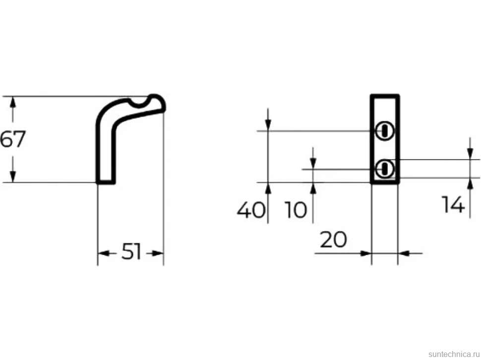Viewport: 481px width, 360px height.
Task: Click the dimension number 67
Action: [12, 139]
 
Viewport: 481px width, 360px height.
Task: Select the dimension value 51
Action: [131, 252]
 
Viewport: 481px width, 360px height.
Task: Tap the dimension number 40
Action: [250, 210]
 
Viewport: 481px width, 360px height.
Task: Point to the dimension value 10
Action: [296, 210]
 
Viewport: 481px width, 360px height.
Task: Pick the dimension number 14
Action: [453, 204]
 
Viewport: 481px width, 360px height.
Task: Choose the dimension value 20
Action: [333, 240]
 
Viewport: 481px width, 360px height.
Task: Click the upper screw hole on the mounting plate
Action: [384, 131]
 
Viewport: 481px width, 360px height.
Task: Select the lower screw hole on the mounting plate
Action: [384, 169]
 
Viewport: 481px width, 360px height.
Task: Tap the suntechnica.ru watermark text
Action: [454, 354]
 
